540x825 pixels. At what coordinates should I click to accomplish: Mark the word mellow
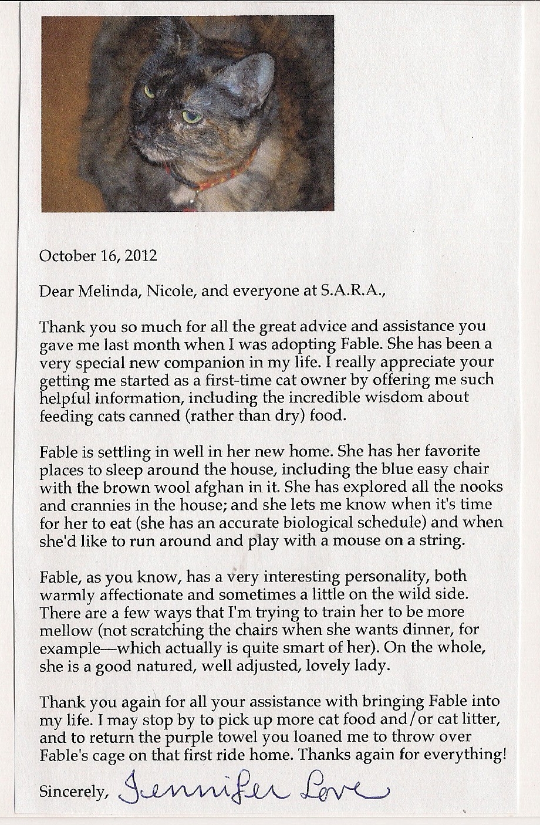pos(66,631)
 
